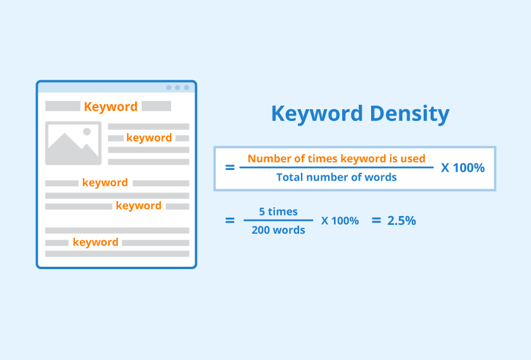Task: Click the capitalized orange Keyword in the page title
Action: pos(111,107)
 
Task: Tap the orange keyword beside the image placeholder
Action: pos(149,138)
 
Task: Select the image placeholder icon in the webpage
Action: pos(73,143)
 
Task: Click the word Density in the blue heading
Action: pos(410,114)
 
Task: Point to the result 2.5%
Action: pos(402,221)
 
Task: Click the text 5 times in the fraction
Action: pos(278,212)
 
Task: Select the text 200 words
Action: pos(278,230)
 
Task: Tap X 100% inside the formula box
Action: pos(463,168)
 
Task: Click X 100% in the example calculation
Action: pos(340,221)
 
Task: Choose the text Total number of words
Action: pos(337,177)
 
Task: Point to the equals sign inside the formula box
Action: pos(230,167)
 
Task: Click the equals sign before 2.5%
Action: pos(376,221)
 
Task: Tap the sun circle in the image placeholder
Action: pos(87,132)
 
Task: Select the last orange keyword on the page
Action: pos(96,243)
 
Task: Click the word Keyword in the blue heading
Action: pos(317,114)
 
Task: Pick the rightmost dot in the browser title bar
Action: pos(186,88)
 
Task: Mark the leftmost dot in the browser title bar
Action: pos(169,88)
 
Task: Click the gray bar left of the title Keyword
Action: pos(63,106)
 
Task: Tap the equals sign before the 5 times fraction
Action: pos(230,221)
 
